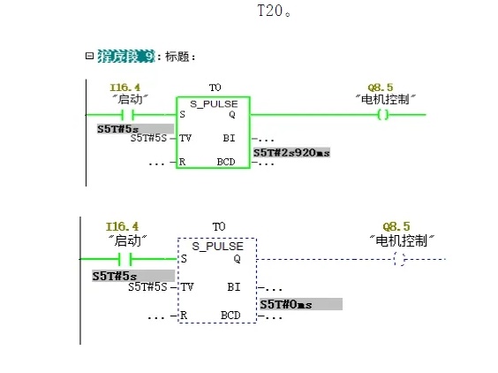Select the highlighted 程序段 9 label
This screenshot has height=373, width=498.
125,57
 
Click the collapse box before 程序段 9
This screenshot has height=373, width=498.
88,56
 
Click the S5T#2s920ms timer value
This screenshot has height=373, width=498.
291,153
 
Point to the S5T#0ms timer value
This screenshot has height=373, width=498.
283,304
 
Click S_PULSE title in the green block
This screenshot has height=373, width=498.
213,103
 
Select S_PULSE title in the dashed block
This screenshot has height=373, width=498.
217,246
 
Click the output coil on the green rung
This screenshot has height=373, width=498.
382,115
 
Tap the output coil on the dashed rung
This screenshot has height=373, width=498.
399,259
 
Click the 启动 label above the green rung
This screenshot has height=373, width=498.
129,99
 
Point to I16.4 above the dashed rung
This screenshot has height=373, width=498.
122,226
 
